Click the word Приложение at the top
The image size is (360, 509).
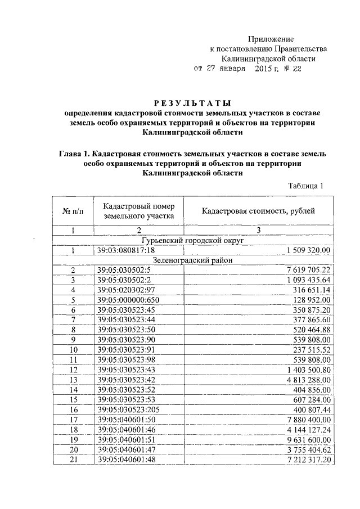[x=271, y=38]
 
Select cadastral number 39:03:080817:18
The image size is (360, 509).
[x=126, y=250]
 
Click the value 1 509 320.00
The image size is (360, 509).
[x=309, y=250]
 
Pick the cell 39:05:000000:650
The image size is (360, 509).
[x=128, y=300]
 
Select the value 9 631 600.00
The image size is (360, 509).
[x=309, y=439]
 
